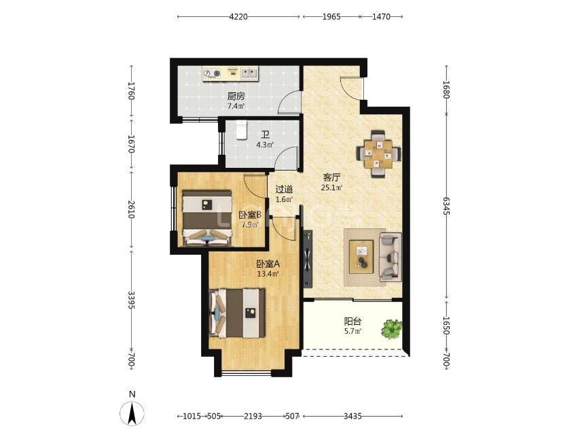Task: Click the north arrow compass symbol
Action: point(132,413)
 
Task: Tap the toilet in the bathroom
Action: point(242,130)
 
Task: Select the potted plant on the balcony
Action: point(392,328)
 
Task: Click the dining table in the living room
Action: point(378,154)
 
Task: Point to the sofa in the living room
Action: point(391,257)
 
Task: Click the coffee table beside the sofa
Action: point(361,257)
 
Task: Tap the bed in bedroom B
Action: point(207,218)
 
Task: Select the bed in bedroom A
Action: point(238,313)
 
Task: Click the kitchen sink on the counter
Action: point(249,73)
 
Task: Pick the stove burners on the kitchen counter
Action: point(212,73)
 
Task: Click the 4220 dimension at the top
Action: point(238,17)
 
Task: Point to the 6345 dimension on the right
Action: point(446,206)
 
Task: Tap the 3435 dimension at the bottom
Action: point(352,416)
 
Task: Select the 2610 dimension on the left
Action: point(131,209)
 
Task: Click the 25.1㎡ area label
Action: point(331,188)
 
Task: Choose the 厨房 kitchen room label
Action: point(236,97)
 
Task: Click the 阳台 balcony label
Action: point(352,321)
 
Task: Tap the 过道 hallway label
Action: point(284,190)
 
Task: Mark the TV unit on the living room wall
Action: point(308,259)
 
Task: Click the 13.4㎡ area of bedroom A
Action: point(268,274)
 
